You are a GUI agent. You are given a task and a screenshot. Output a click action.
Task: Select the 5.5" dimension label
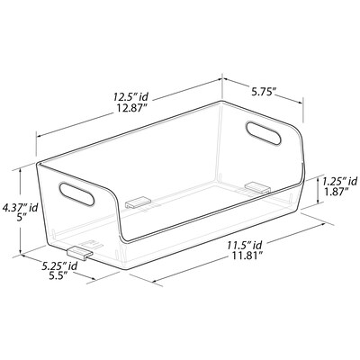coord(61,280)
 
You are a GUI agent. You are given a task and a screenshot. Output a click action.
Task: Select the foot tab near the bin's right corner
coord(257,187)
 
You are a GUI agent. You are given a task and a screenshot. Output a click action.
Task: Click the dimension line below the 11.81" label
coord(234,270)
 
